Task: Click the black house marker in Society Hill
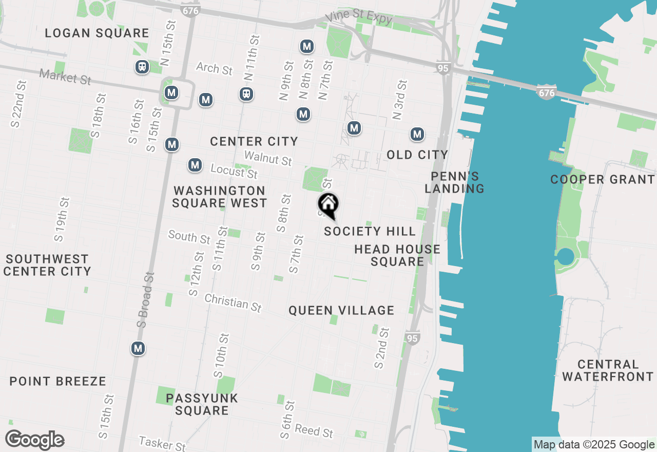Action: click(x=328, y=205)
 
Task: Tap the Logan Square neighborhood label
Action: click(x=96, y=33)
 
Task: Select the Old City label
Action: click(x=417, y=155)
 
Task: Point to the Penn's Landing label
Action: click(x=454, y=183)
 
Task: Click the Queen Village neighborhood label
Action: click(x=341, y=310)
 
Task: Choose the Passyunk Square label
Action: click(x=202, y=404)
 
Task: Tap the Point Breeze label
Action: click(x=58, y=381)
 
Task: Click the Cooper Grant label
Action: click(x=603, y=179)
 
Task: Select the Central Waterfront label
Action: click(x=608, y=370)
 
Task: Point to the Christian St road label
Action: click(x=233, y=303)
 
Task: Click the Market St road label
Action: click(x=65, y=77)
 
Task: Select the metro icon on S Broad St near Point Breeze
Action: click(x=138, y=348)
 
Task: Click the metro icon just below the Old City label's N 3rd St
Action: click(x=417, y=135)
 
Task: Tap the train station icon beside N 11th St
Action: click(x=246, y=94)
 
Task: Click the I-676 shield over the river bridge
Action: click(x=547, y=92)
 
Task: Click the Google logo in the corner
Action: click(x=34, y=440)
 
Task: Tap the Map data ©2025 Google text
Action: click(x=594, y=445)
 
